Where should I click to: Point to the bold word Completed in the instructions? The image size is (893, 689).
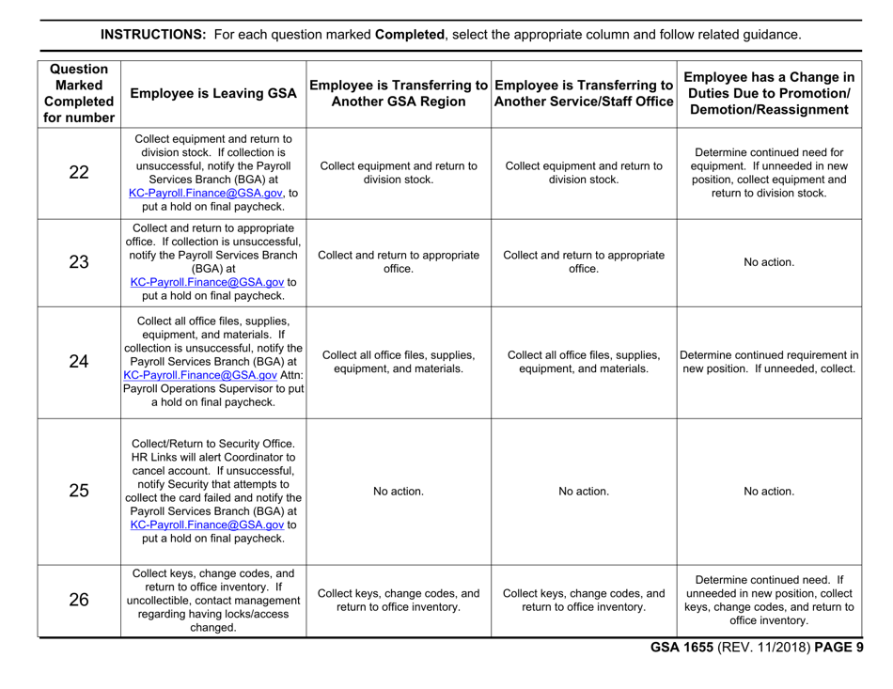pos(410,35)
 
